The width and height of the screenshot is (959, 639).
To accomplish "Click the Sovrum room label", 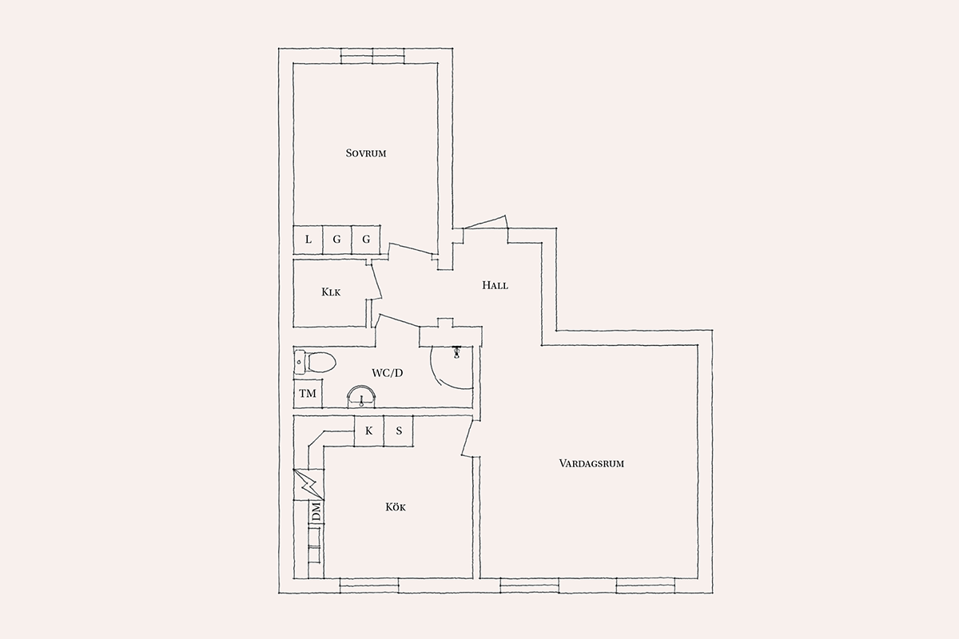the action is coord(366,153).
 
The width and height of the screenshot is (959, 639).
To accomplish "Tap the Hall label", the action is coord(495,285).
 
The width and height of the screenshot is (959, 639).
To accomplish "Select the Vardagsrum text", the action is coord(591,463).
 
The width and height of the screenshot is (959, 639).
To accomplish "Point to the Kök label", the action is coord(395,507).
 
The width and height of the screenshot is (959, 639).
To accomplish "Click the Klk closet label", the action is coord(331,292).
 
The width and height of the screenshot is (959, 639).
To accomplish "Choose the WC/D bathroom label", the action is coord(387,373).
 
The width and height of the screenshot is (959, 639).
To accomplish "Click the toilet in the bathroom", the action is coord(315,363).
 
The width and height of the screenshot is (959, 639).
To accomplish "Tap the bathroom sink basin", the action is coord(361,396).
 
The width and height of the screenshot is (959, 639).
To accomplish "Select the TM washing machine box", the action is coord(308,393).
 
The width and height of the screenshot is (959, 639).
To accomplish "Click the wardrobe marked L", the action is coord(308,240).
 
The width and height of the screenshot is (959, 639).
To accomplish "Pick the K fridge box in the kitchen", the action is coord(368,431).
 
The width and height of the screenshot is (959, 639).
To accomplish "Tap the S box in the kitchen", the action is coord(399,431).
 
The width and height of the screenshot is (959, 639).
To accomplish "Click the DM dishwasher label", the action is coord(316,512).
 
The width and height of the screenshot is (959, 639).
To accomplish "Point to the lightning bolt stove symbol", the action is coord(308,485).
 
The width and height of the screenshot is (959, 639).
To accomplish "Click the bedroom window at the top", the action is coord(372,56).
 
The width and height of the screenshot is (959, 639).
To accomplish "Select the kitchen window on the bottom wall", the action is coord(369,585).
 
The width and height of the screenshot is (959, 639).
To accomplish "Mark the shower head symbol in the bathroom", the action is coord(456,351).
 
